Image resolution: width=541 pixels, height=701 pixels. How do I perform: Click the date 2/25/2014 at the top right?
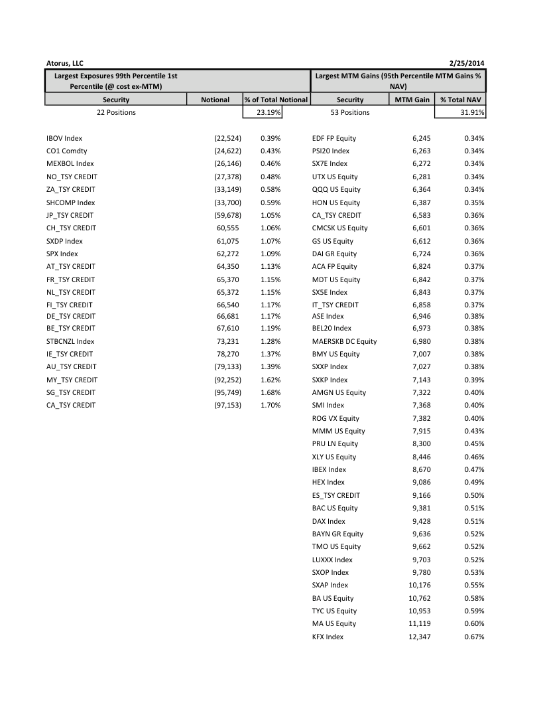(467, 63)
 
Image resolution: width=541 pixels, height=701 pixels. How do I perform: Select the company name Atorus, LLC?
(65, 63)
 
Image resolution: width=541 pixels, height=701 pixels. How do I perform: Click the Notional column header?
(215, 100)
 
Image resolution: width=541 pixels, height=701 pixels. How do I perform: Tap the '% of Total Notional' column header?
(276, 100)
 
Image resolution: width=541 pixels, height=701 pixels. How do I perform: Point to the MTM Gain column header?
(412, 100)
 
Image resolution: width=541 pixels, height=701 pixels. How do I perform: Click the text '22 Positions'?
(116, 112)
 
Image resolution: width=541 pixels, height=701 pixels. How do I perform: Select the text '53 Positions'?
(350, 112)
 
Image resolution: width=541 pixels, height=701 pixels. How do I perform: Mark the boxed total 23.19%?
(269, 112)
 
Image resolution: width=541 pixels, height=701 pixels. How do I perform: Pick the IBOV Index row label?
(64, 138)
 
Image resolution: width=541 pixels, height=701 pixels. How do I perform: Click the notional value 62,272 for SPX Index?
(227, 254)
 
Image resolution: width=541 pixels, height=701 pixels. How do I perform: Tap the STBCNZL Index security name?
(70, 341)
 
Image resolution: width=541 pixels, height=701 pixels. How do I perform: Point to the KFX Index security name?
(328, 637)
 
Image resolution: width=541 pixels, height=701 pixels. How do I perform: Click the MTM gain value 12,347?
(417, 637)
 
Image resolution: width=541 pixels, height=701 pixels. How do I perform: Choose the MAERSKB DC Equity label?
(344, 341)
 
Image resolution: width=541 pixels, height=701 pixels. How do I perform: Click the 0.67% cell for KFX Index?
(473, 637)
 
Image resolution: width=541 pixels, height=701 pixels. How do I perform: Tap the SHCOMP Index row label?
(70, 202)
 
